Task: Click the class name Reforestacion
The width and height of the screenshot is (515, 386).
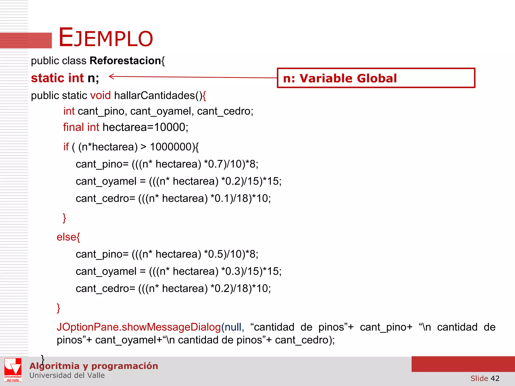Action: (125, 61)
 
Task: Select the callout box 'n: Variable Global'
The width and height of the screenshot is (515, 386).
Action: (376, 78)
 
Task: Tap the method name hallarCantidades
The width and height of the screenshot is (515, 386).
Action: (154, 96)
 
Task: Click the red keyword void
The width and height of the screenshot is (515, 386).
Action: (100, 96)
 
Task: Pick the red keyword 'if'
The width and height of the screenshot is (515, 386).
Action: (66, 147)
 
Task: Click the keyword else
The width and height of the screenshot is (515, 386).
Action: (66, 237)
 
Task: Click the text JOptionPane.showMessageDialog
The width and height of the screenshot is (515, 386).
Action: (139, 327)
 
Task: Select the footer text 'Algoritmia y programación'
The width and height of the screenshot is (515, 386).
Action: (94, 366)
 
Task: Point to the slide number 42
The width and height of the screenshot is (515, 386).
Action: (495, 378)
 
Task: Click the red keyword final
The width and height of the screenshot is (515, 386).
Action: (74, 127)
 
